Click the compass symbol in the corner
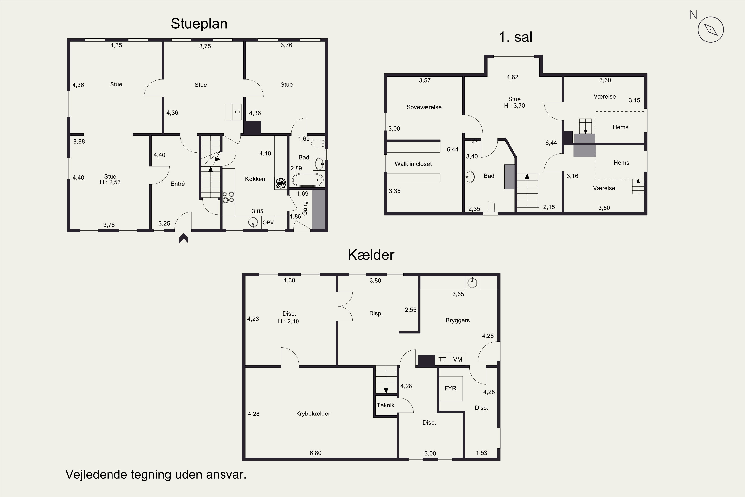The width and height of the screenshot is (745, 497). [x=710, y=30]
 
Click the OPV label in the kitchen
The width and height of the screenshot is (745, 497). [x=268, y=222]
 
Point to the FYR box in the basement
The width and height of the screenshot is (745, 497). [x=450, y=389]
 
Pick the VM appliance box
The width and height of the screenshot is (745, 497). [x=457, y=359]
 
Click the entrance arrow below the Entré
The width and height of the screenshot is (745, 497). [x=184, y=238]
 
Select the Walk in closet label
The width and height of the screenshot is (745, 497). [x=413, y=164]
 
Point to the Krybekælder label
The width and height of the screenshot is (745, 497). [x=313, y=414]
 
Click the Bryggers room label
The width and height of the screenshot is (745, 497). [x=457, y=321]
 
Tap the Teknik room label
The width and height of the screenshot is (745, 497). [x=385, y=405]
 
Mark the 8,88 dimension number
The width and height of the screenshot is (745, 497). [x=79, y=142]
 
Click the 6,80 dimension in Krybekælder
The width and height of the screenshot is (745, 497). [x=315, y=453]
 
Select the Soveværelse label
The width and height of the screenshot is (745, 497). [x=424, y=107]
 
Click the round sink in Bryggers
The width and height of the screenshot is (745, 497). [x=472, y=282]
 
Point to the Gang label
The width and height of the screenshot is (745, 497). [x=305, y=208]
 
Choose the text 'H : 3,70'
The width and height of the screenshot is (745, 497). [x=514, y=106]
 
